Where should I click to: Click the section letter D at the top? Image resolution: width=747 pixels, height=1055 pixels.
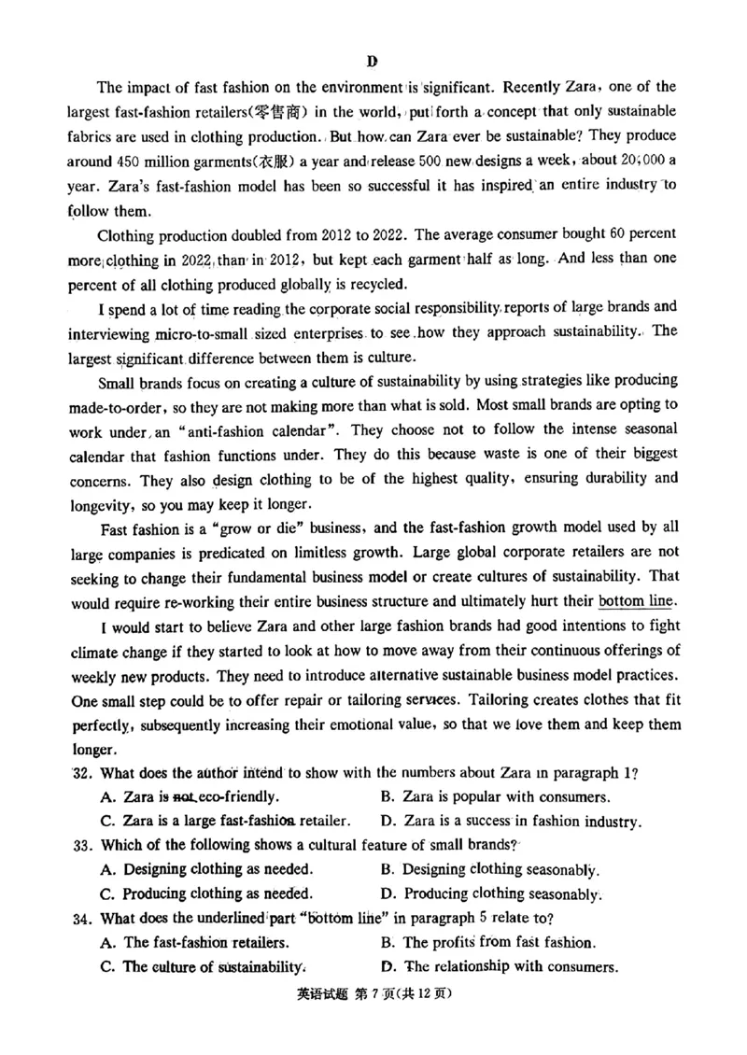click(x=372, y=62)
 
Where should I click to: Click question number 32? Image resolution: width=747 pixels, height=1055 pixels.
click(x=82, y=773)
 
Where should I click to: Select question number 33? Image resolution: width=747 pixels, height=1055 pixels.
click(x=82, y=845)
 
